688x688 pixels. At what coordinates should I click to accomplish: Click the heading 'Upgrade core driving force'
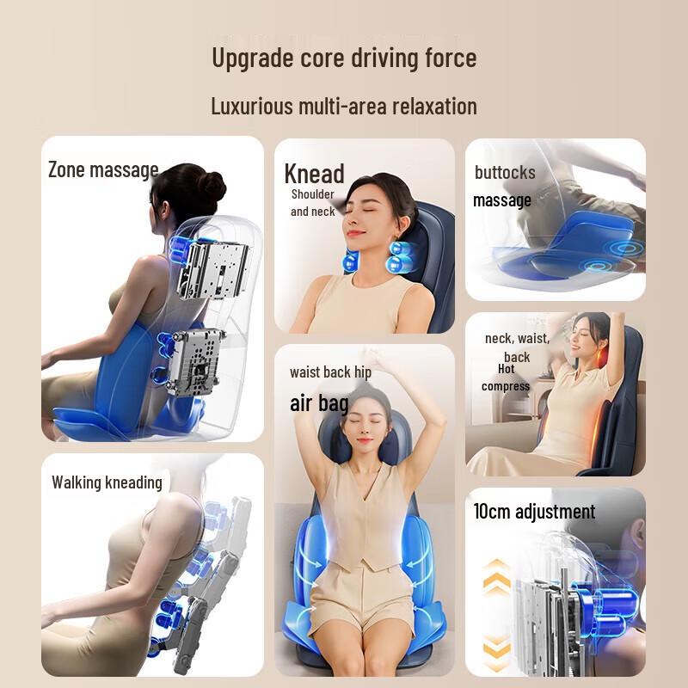344,58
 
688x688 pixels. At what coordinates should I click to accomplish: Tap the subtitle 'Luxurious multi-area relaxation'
344,107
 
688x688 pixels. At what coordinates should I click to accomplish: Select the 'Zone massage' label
103,169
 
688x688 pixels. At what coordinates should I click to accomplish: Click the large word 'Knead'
314,174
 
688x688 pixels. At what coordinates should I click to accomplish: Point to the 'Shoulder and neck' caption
312,203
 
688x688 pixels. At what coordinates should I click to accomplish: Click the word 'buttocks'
505,173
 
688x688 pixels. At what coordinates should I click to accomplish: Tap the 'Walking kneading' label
107,482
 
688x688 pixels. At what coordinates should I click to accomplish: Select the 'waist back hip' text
330,372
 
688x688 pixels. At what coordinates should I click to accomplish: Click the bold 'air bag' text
319,402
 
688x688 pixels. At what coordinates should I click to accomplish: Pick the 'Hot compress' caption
506,378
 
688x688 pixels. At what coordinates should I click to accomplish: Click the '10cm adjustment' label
534,512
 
